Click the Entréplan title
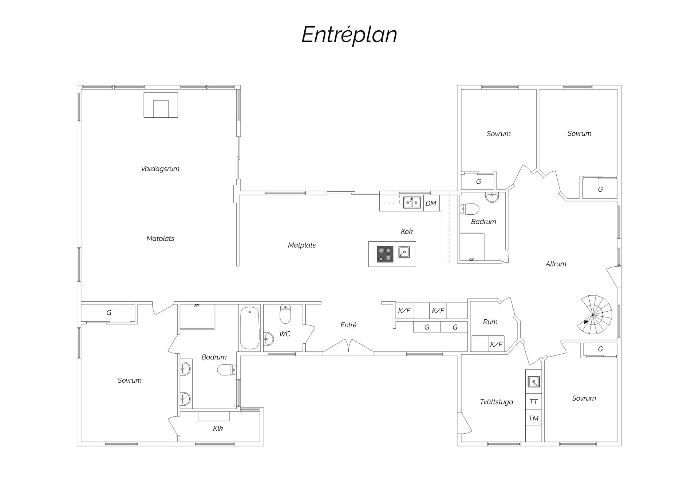(x=349, y=35)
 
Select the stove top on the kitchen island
(x=385, y=254)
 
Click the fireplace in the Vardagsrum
(x=161, y=105)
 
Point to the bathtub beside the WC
(x=249, y=328)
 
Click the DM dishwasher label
(x=431, y=203)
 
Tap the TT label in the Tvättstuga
(x=533, y=402)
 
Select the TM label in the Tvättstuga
(x=533, y=418)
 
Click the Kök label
(x=407, y=231)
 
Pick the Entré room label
(x=348, y=325)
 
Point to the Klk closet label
(x=218, y=429)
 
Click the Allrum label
(x=556, y=264)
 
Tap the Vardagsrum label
(x=160, y=169)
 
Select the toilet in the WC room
(x=285, y=314)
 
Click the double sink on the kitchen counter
(x=412, y=202)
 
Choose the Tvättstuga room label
(x=497, y=402)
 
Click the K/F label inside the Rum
(x=496, y=344)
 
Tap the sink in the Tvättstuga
(x=534, y=382)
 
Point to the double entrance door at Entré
(x=348, y=347)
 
